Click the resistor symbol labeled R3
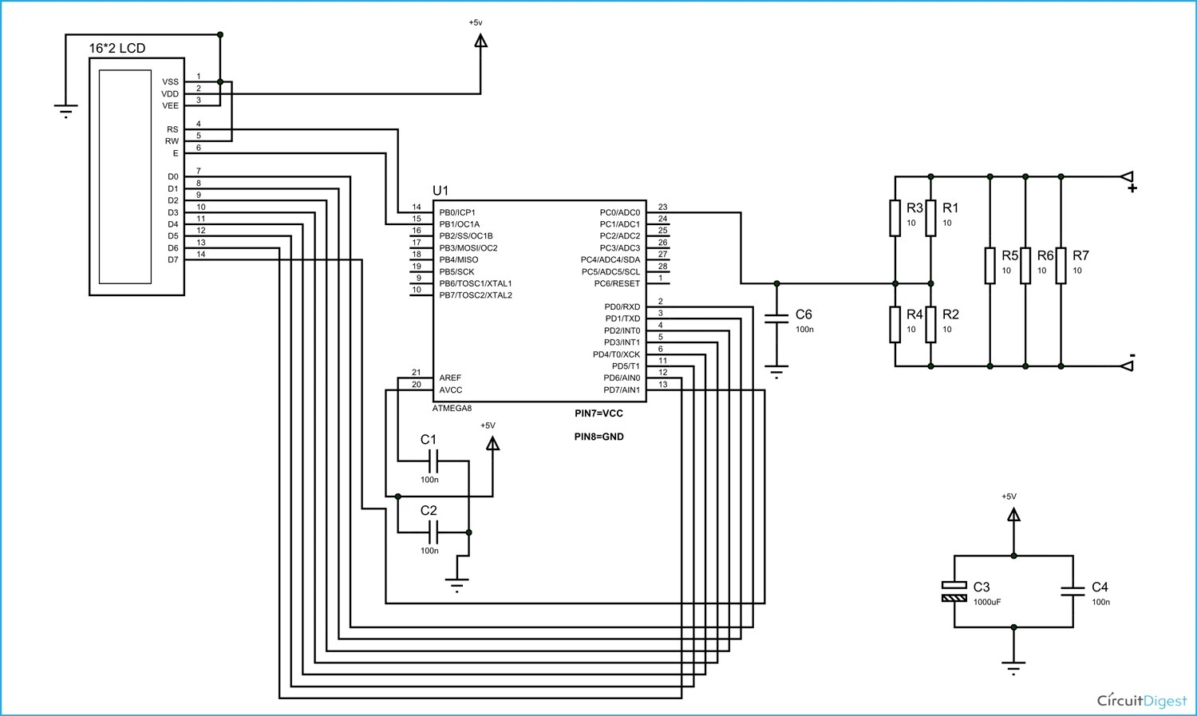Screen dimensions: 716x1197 point(895,218)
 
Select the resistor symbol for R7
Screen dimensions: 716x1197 point(1061,266)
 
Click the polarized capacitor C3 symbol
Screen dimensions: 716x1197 point(954,591)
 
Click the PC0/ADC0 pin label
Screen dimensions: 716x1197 point(619,212)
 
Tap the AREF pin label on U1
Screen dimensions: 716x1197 point(450,378)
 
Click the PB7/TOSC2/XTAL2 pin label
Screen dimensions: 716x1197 point(476,295)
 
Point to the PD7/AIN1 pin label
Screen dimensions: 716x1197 point(622,390)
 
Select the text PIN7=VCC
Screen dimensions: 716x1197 point(598,413)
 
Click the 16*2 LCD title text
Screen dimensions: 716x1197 point(117,48)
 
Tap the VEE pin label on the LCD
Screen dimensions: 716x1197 point(171,105)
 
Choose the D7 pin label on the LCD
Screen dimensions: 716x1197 point(173,259)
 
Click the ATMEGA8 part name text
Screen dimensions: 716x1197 point(452,408)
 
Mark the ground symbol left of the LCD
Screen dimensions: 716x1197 point(66,111)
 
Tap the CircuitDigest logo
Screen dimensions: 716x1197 point(1142,700)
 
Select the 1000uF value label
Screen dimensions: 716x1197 point(987,602)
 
